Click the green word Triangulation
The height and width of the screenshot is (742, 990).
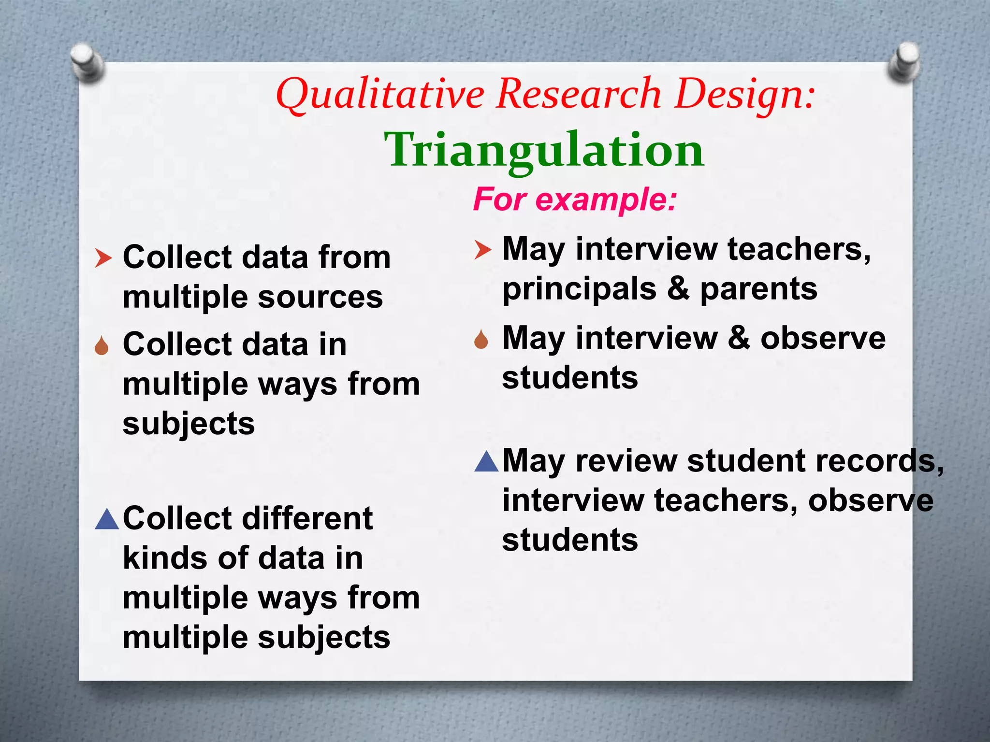click(x=544, y=150)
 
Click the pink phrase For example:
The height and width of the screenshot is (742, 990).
click(x=574, y=199)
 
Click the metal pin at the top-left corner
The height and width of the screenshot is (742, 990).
click(x=87, y=62)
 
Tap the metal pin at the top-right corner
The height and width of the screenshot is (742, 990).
click(x=904, y=62)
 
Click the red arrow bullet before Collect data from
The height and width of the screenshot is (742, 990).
click(x=103, y=258)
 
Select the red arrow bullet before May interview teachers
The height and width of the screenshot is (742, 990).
click(x=482, y=250)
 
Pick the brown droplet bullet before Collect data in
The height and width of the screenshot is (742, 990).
click(x=102, y=346)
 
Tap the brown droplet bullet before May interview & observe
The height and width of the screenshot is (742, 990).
click(x=481, y=340)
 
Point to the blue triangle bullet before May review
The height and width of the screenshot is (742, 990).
click(x=486, y=461)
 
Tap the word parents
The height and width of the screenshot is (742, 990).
click(x=758, y=289)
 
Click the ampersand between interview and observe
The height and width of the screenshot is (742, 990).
click(x=739, y=338)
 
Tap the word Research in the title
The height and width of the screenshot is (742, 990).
click(x=579, y=94)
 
